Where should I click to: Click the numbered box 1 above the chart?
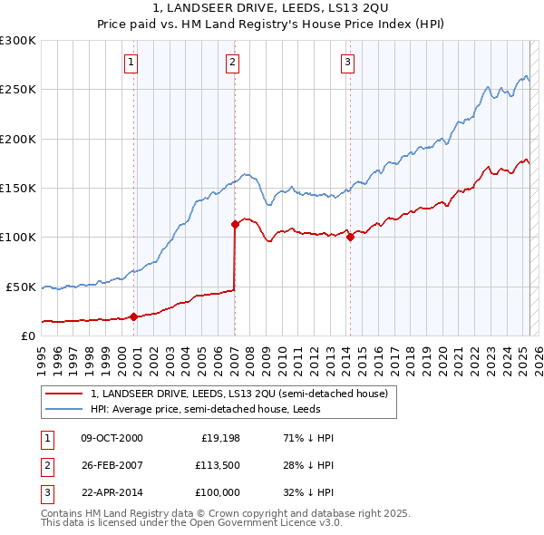(x=132, y=63)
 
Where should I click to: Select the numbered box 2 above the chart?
(x=233, y=63)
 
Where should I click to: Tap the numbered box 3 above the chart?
(x=348, y=63)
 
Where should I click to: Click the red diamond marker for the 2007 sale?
(x=235, y=223)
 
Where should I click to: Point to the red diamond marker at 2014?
(x=350, y=238)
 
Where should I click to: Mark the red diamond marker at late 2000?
(x=133, y=316)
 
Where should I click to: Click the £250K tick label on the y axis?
(x=18, y=90)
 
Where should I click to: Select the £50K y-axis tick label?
(x=21, y=287)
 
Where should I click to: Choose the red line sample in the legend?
(x=63, y=394)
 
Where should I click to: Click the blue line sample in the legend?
(x=63, y=409)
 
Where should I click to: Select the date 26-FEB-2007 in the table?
(x=112, y=466)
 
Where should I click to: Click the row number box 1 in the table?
(x=44, y=438)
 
